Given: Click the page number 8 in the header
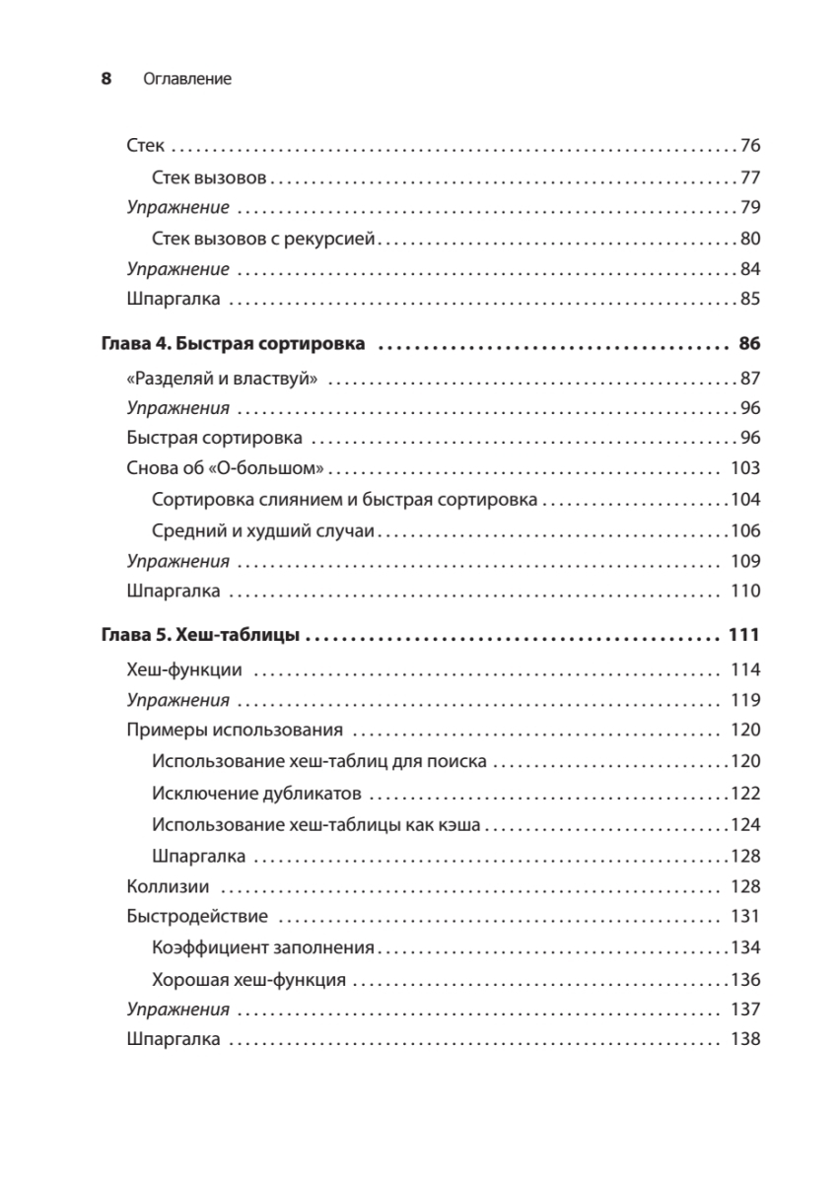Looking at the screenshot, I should tap(107, 79).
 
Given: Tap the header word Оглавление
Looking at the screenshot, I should tap(186, 79).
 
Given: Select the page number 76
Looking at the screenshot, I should tap(750, 147).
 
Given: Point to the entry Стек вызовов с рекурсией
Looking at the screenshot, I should tap(264, 239).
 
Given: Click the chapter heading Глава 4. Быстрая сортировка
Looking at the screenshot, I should tap(234, 345).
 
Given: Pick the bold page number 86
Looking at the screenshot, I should tap(748, 345).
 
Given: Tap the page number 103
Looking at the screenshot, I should tap(744, 469).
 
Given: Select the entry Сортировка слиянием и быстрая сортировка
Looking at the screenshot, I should tap(345, 500).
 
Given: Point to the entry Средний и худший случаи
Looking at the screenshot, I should tap(264, 530).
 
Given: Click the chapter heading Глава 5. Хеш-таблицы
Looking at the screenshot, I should tap(201, 636).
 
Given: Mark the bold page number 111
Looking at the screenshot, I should tap(743, 636).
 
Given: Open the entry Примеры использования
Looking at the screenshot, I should tap(235, 731).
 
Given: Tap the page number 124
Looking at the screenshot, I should tap(745, 823).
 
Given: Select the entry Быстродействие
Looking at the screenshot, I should tap(197, 916).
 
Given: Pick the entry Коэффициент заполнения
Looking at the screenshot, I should tap(264, 947).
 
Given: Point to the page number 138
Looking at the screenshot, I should tap(744, 1039).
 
